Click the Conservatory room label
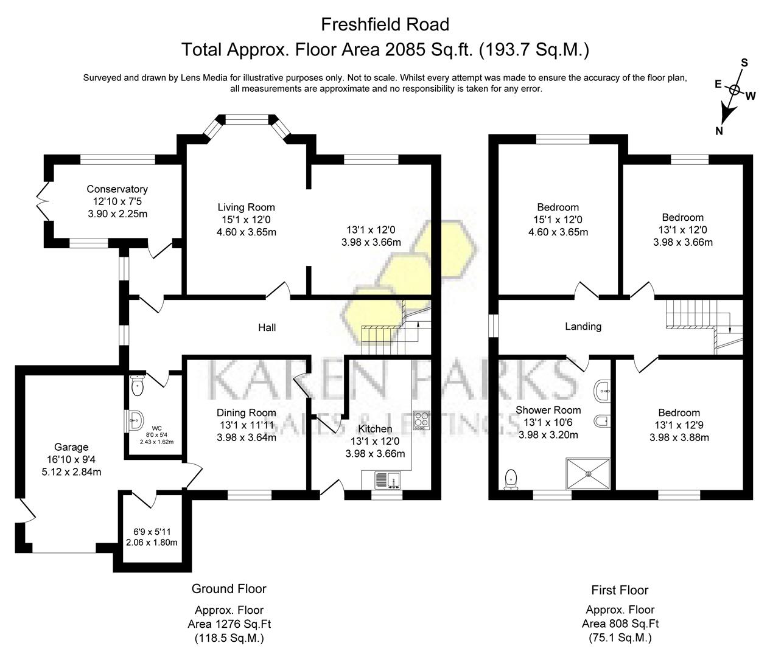coord(117,189)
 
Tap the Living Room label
coord(247,207)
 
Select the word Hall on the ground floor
coord(267,328)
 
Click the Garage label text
coord(71,447)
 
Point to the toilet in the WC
coord(136,384)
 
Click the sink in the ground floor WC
coord(136,417)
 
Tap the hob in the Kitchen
coord(421,420)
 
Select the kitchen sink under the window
coord(387,480)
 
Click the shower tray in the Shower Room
coord(589,473)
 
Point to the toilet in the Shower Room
coord(511,479)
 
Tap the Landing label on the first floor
coord(583,327)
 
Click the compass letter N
coord(719,131)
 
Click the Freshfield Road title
coord(385,24)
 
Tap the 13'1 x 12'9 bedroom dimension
coord(679,425)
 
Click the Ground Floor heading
coord(229,588)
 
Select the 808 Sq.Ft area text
coord(620,623)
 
